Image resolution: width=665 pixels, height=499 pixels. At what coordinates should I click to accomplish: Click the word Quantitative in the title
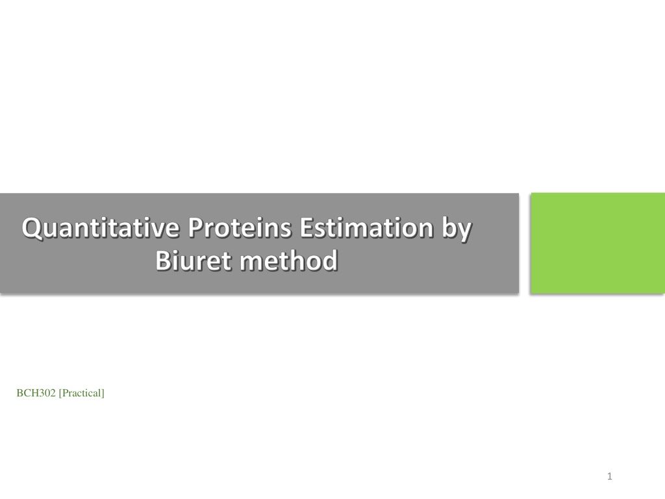click(x=101, y=228)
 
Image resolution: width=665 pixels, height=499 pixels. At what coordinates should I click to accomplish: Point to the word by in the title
click(x=457, y=229)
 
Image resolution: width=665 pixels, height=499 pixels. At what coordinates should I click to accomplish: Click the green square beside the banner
click(x=597, y=243)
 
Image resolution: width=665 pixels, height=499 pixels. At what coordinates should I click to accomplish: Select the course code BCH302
click(x=36, y=393)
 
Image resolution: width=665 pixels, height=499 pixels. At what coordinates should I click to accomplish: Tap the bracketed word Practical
click(x=81, y=393)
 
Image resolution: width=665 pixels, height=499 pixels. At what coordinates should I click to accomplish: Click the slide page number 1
click(x=609, y=476)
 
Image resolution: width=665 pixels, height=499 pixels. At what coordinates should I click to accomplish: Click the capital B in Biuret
click(x=163, y=260)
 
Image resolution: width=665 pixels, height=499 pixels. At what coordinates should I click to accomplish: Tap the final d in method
click(x=329, y=260)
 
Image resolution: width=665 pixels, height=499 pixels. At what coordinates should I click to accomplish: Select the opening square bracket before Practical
click(x=60, y=393)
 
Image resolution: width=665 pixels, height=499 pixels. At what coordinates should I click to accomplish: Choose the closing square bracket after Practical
click(x=103, y=393)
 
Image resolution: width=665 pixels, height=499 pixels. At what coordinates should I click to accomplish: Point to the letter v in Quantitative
click(x=154, y=231)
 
